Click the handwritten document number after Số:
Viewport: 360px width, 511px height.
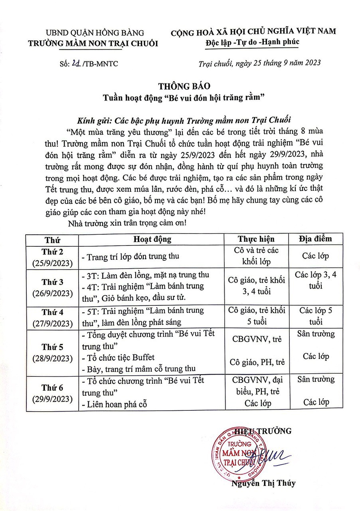click(x=75, y=63)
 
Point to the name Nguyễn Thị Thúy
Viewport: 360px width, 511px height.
click(x=263, y=483)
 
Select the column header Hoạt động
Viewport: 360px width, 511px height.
click(x=152, y=240)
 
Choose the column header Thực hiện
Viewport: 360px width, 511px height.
click(x=256, y=240)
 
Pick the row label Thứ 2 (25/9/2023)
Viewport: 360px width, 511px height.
click(x=52, y=257)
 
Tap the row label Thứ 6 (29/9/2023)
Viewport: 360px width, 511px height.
click(x=52, y=393)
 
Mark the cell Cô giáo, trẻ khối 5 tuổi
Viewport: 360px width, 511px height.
click(x=256, y=316)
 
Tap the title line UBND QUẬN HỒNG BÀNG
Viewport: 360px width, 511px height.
click(x=95, y=33)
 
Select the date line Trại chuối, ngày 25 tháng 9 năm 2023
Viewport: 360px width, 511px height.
click(x=259, y=63)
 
